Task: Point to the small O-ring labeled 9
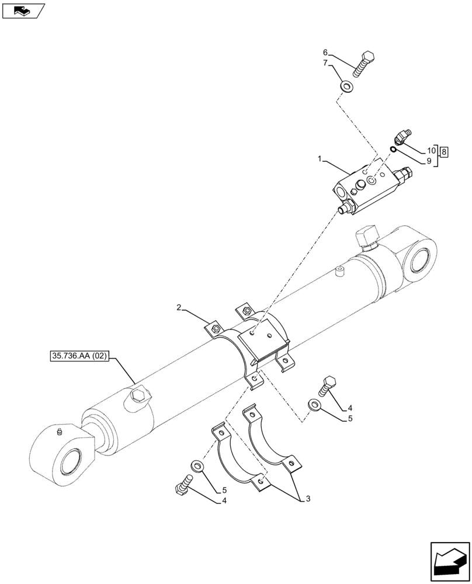(394, 149)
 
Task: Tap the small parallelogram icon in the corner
(22, 11)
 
